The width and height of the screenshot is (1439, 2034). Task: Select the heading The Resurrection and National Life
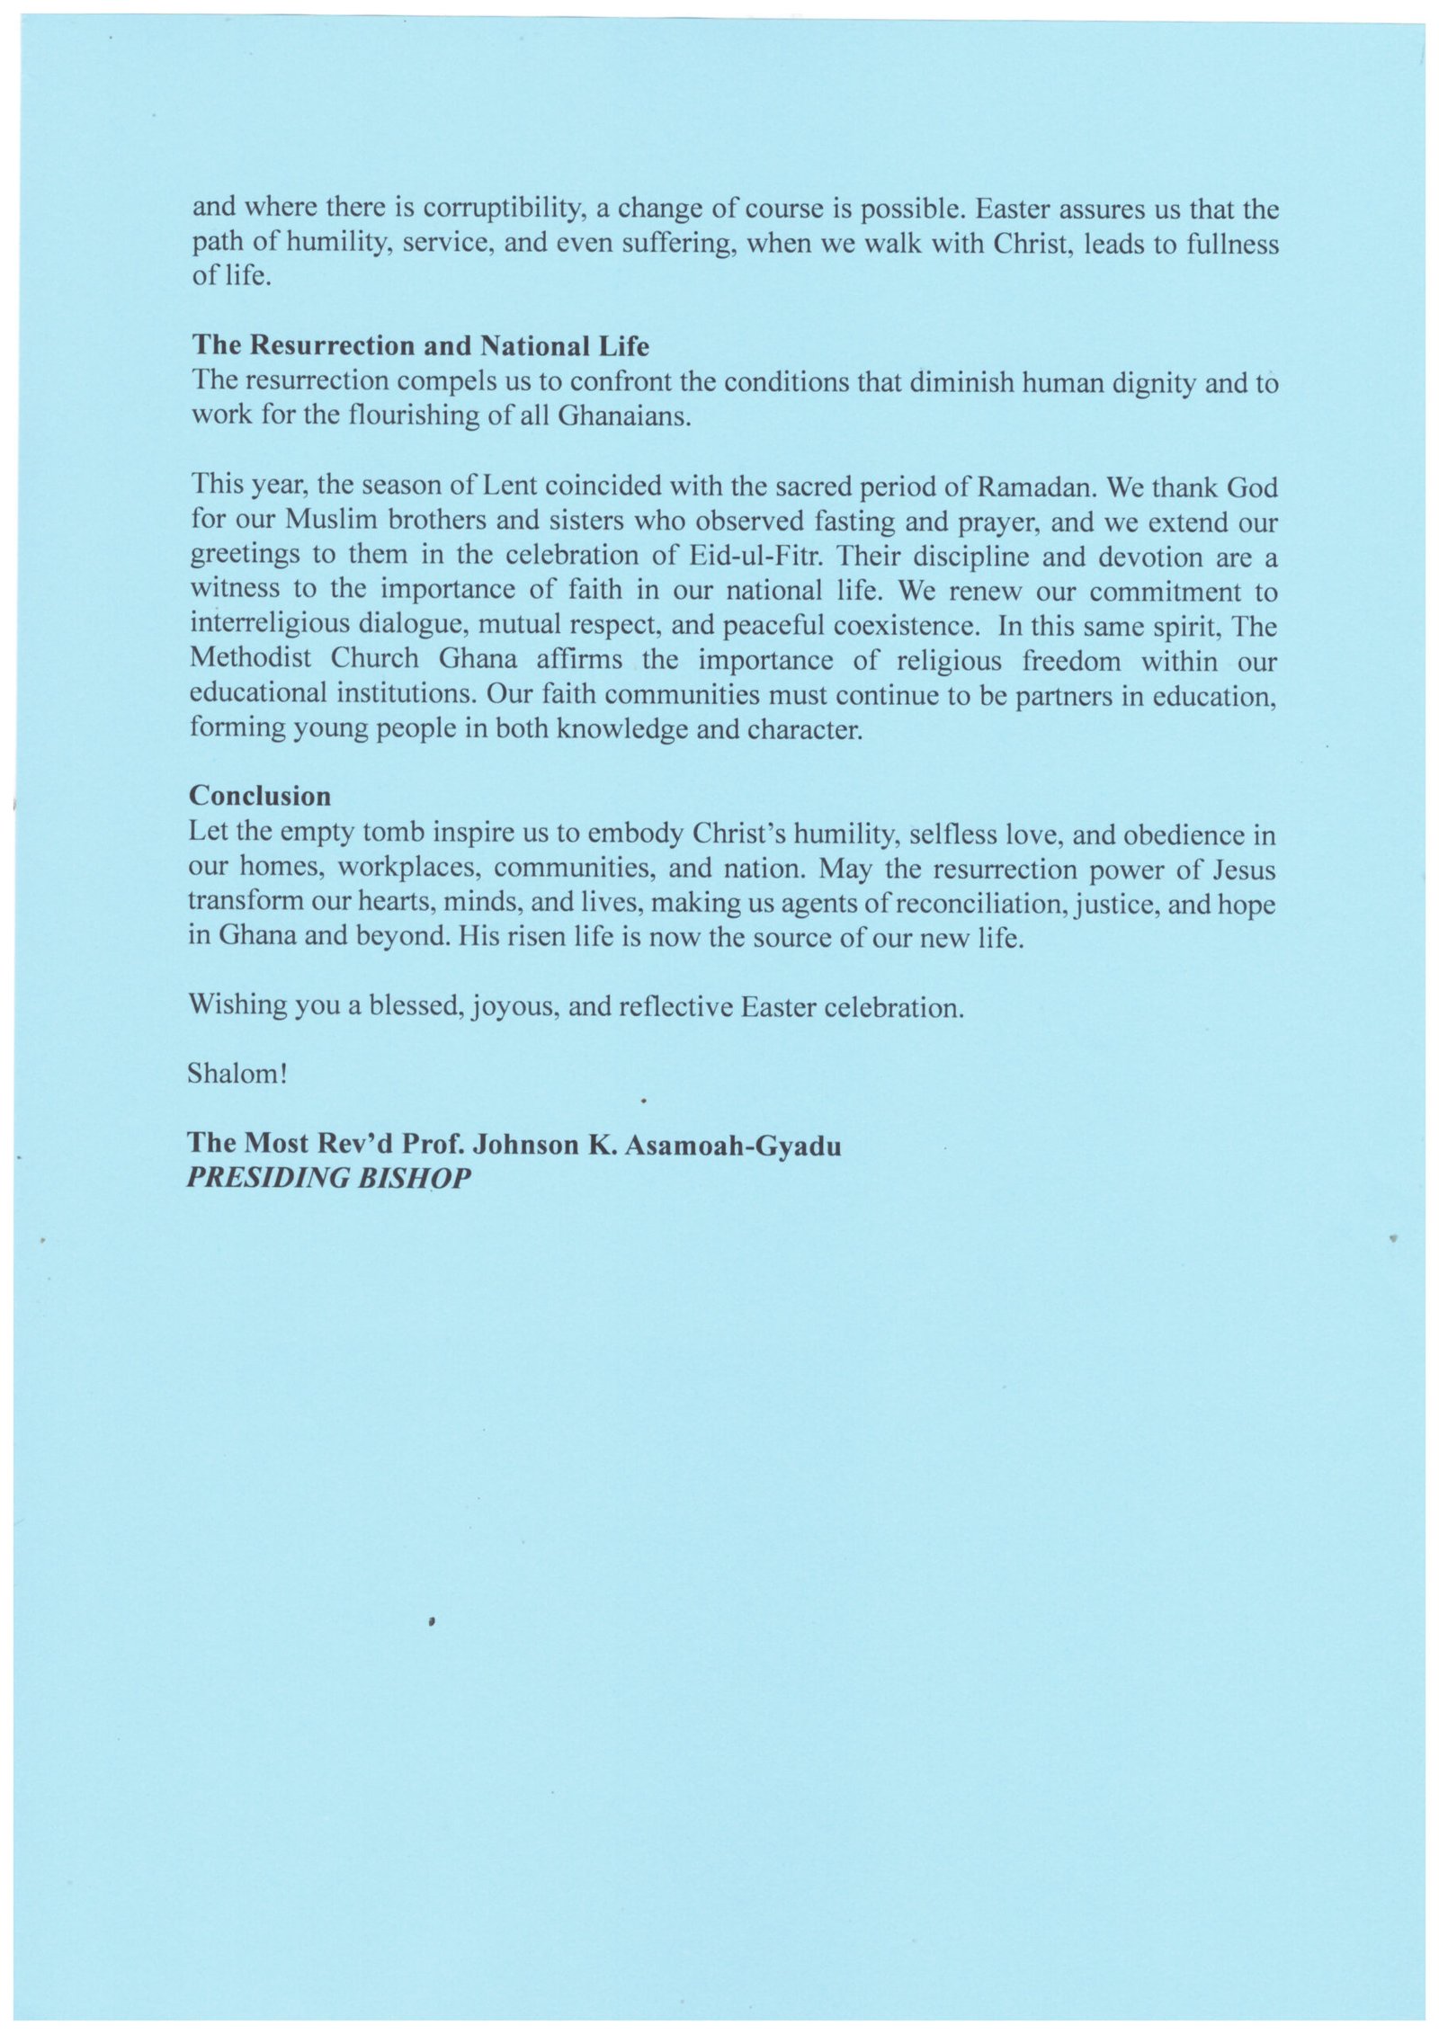[x=420, y=346]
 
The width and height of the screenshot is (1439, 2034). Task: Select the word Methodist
[x=251, y=658]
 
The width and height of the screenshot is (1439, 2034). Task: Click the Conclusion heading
[x=260, y=797]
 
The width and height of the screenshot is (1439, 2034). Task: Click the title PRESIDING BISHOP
[x=329, y=1178]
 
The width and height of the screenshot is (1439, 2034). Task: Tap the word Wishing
[x=237, y=1004]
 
